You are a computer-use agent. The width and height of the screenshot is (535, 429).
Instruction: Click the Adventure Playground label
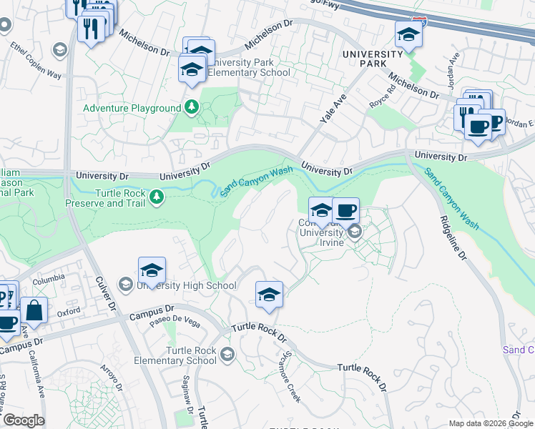[132, 109]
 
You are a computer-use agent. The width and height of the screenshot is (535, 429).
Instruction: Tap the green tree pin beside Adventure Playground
[191, 108]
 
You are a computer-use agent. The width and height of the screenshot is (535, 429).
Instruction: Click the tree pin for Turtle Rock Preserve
[157, 196]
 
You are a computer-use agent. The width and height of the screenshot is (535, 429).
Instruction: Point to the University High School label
[186, 286]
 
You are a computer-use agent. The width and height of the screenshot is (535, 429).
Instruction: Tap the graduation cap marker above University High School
[152, 271]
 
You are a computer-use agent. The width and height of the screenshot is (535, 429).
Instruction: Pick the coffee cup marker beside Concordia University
[345, 212]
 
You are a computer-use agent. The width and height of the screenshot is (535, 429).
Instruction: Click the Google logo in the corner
[23, 420]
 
